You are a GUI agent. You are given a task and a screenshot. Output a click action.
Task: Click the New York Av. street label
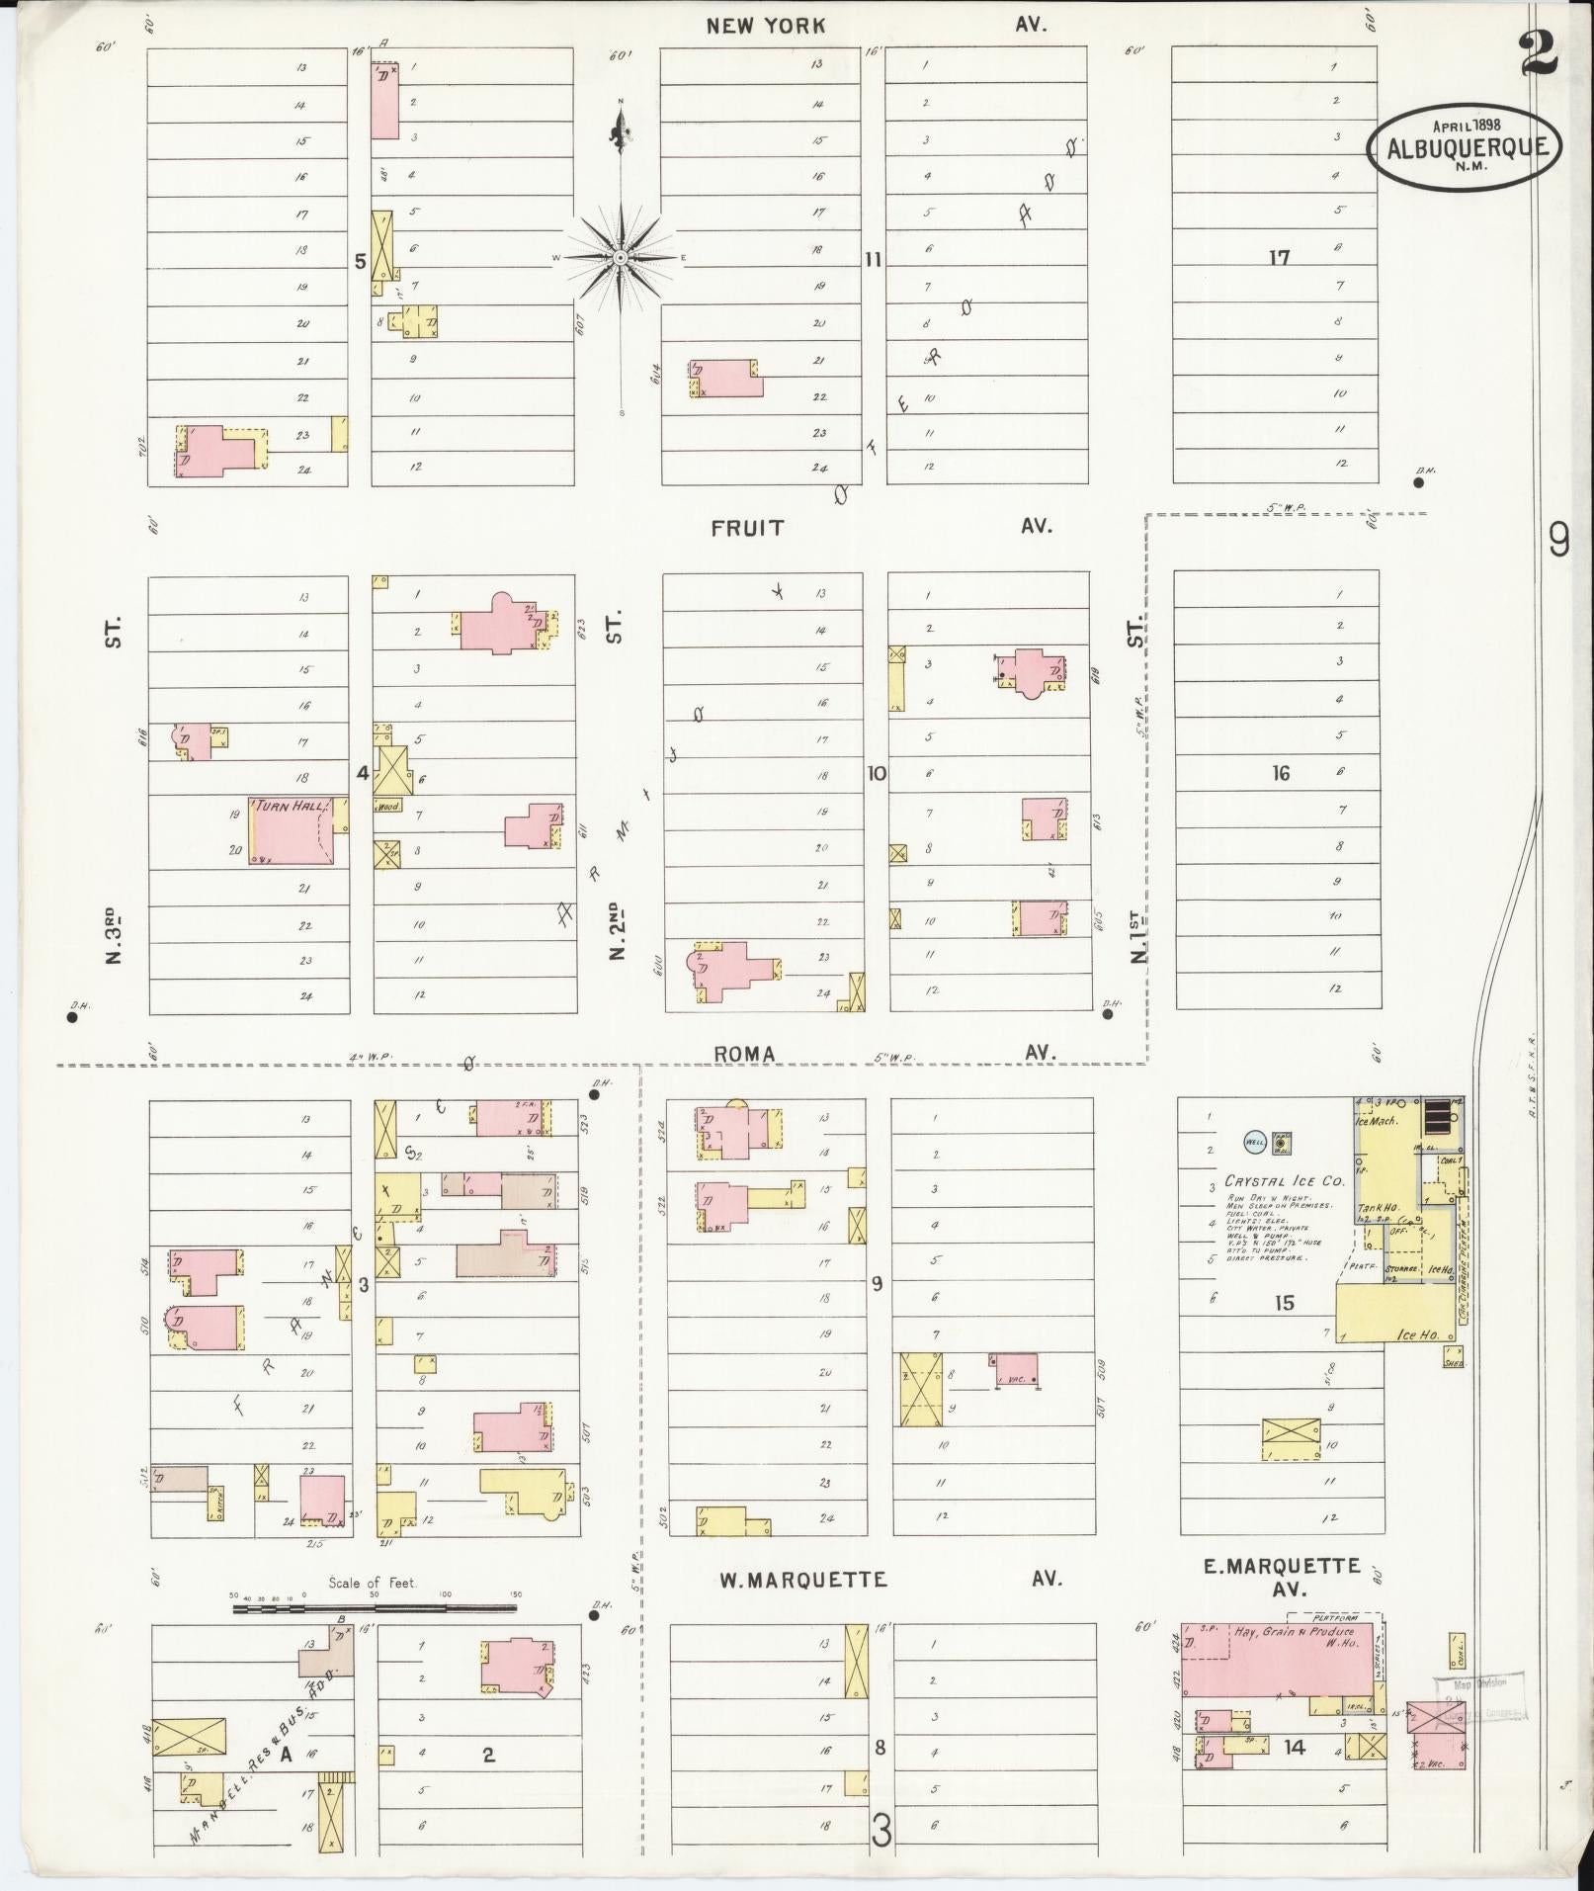766,26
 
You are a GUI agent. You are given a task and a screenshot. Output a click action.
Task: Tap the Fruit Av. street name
748,528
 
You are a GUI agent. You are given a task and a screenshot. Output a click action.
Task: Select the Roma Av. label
744,1055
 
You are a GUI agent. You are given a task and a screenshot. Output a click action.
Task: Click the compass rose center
621,258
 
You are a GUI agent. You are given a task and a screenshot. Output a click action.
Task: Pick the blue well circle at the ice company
1254,1141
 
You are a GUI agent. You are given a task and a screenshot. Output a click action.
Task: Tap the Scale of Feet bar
376,1609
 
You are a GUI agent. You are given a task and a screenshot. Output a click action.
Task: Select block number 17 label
1280,258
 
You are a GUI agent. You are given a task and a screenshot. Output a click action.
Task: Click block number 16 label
1281,773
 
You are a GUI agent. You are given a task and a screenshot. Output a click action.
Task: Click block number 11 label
873,260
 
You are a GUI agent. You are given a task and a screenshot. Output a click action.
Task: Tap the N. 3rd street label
113,934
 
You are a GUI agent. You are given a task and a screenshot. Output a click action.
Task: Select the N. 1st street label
1139,936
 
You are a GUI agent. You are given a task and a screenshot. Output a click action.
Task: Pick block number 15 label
1283,1304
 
